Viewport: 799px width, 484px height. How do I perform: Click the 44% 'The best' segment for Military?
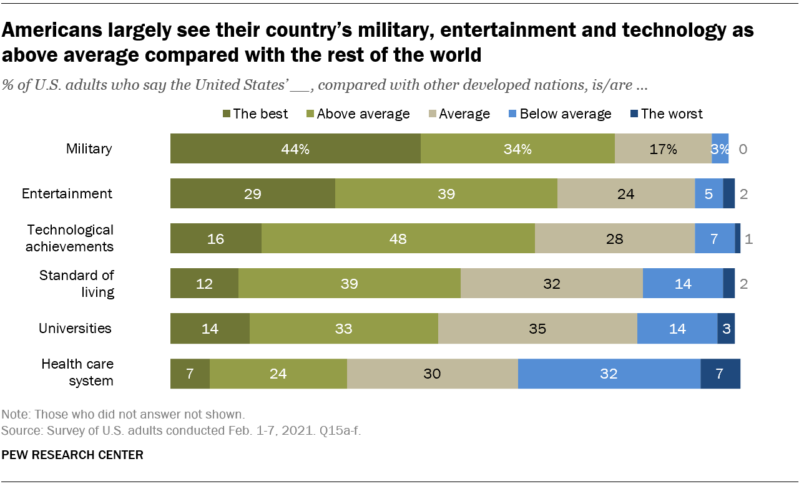[295, 148]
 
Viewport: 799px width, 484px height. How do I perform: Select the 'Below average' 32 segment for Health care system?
[609, 374]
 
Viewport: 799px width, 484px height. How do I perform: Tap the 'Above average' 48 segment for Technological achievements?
[398, 238]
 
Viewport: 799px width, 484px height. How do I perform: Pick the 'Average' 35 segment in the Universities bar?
[537, 329]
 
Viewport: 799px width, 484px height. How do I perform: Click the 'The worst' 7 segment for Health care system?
[720, 374]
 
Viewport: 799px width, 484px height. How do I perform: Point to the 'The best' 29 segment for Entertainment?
[252, 193]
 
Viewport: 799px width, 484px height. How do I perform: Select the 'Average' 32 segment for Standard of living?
[551, 284]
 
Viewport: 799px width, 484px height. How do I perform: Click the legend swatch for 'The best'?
[227, 114]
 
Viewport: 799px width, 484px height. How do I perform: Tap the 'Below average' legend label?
[566, 114]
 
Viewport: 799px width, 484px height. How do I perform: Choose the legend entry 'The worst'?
[671, 114]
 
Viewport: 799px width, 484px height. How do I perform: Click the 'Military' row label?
[89, 148]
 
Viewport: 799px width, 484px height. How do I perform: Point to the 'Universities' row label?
[75, 328]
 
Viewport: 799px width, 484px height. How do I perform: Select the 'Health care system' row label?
[77, 372]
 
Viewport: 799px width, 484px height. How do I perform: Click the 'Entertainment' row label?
[67, 193]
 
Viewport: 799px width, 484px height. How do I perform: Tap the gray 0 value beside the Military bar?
[743, 149]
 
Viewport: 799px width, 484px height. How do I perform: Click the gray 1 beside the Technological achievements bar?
[749, 239]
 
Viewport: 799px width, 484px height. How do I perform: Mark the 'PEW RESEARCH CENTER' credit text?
[73, 455]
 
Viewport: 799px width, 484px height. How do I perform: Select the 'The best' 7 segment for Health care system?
[190, 374]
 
